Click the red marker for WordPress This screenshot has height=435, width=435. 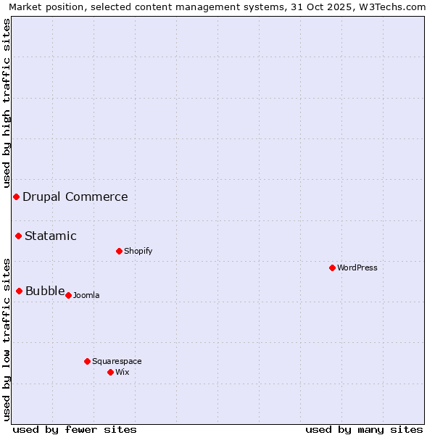pyautogui.click(x=332, y=268)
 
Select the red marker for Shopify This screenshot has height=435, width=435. pyautogui.click(x=119, y=251)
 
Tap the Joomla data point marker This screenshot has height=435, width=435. pyautogui.click(x=68, y=295)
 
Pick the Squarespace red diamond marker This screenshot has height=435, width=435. pyautogui.click(x=87, y=361)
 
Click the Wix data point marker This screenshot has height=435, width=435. pyautogui.click(x=110, y=372)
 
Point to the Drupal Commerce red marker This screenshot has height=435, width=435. pyautogui.click(x=16, y=196)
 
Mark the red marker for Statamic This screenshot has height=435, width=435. pyautogui.click(x=19, y=236)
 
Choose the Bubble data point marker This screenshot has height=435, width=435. pyautogui.click(x=20, y=291)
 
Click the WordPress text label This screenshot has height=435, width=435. pyautogui.click(x=357, y=268)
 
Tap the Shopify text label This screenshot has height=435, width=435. pyautogui.click(x=138, y=251)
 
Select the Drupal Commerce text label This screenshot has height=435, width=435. pyautogui.click(x=75, y=196)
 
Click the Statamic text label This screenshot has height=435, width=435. pyautogui.click(x=51, y=236)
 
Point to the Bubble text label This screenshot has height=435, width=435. pyautogui.click(x=45, y=291)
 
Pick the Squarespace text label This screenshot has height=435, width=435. pyautogui.click(x=117, y=361)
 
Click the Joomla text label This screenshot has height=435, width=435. pyautogui.click(x=86, y=295)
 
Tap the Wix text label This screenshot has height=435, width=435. pyautogui.click(x=123, y=372)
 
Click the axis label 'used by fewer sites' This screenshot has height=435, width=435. pyautogui.click(x=75, y=429)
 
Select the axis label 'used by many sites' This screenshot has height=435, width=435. pyautogui.click(x=364, y=429)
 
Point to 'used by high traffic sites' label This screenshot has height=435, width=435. pyautogui.click(x=7, y=101)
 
